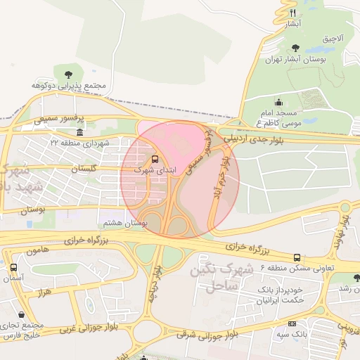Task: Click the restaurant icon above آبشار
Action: coord(293,13)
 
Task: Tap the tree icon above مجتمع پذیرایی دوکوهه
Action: coord(68,74)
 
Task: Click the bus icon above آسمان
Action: coord(13,268)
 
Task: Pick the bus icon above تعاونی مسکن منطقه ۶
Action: coord(297,257)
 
